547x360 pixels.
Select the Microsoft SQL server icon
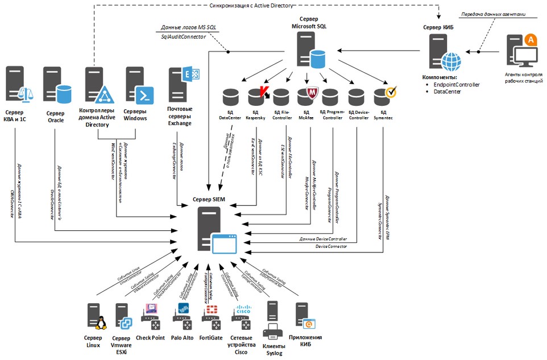[308, 49]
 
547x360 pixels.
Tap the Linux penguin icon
[100, 322]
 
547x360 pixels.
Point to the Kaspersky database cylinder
[256, 97]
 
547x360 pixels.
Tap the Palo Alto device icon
[183, 317]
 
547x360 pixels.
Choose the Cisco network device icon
[241, 317]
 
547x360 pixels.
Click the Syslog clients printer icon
[273, 328]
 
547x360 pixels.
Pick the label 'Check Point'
[150, 338]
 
